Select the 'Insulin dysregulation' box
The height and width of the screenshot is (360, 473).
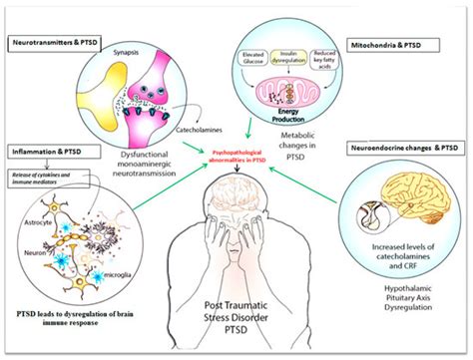point(289,70)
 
